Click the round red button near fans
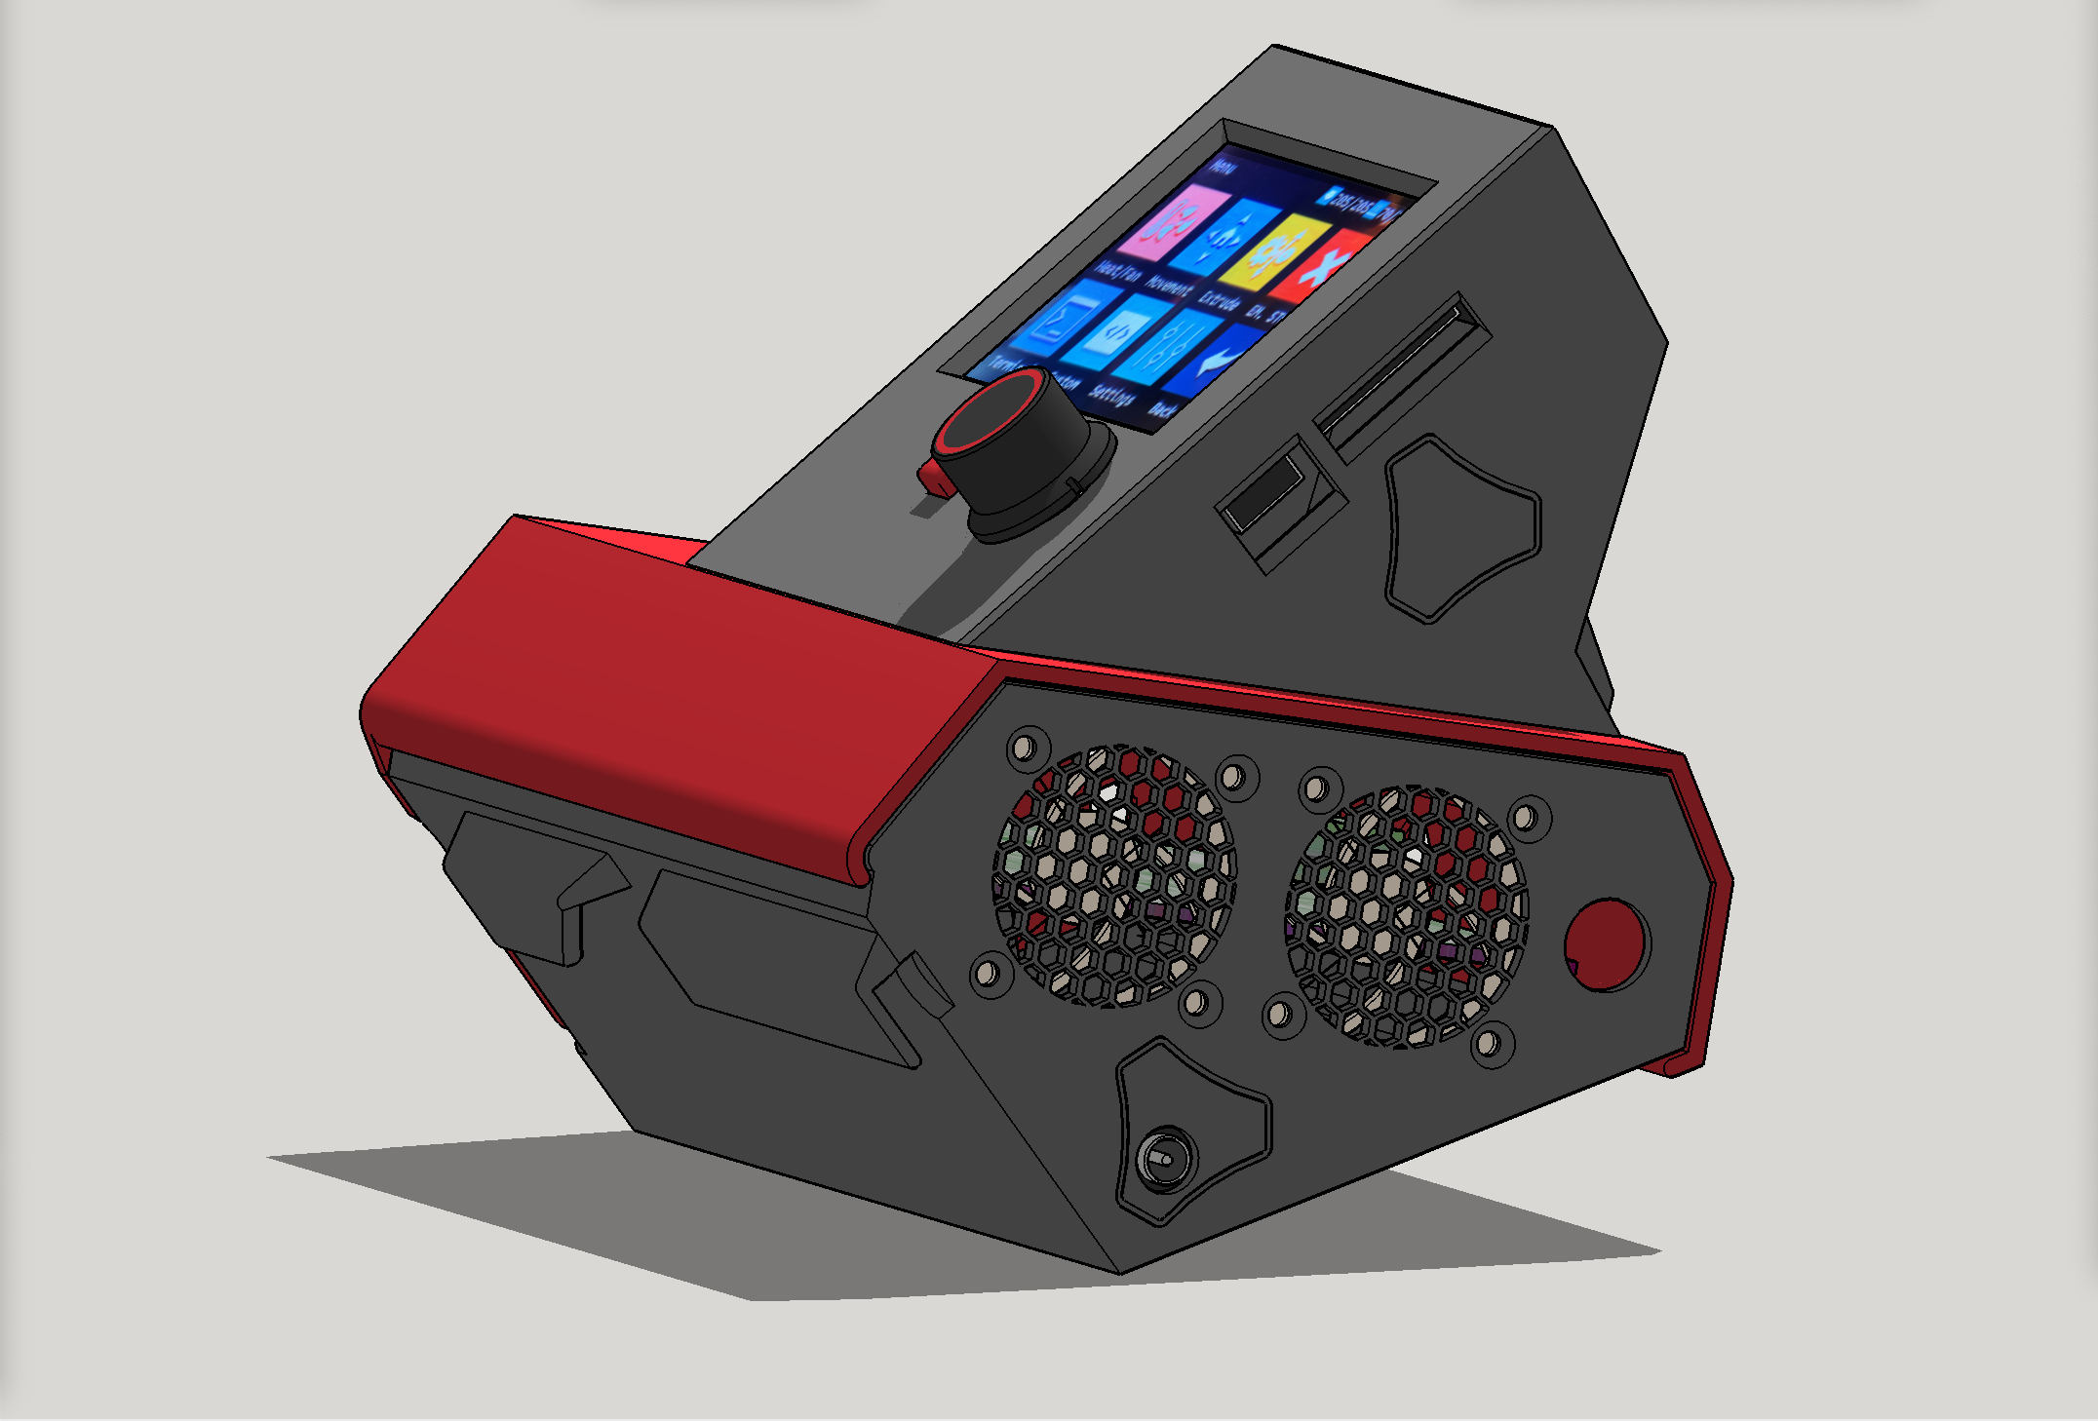pyautogui.click(x=1605, y=943)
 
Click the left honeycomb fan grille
pyautogui.click(x=1114, y=875)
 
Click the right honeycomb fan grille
pyautogui.click(x=1407, y=916)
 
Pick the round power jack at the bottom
pyautogui.click(x=1164, y=1157)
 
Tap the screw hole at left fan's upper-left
pyautogui.click(x=1024, y=749)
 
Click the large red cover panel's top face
pyautogui.click(x=682, y=672)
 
